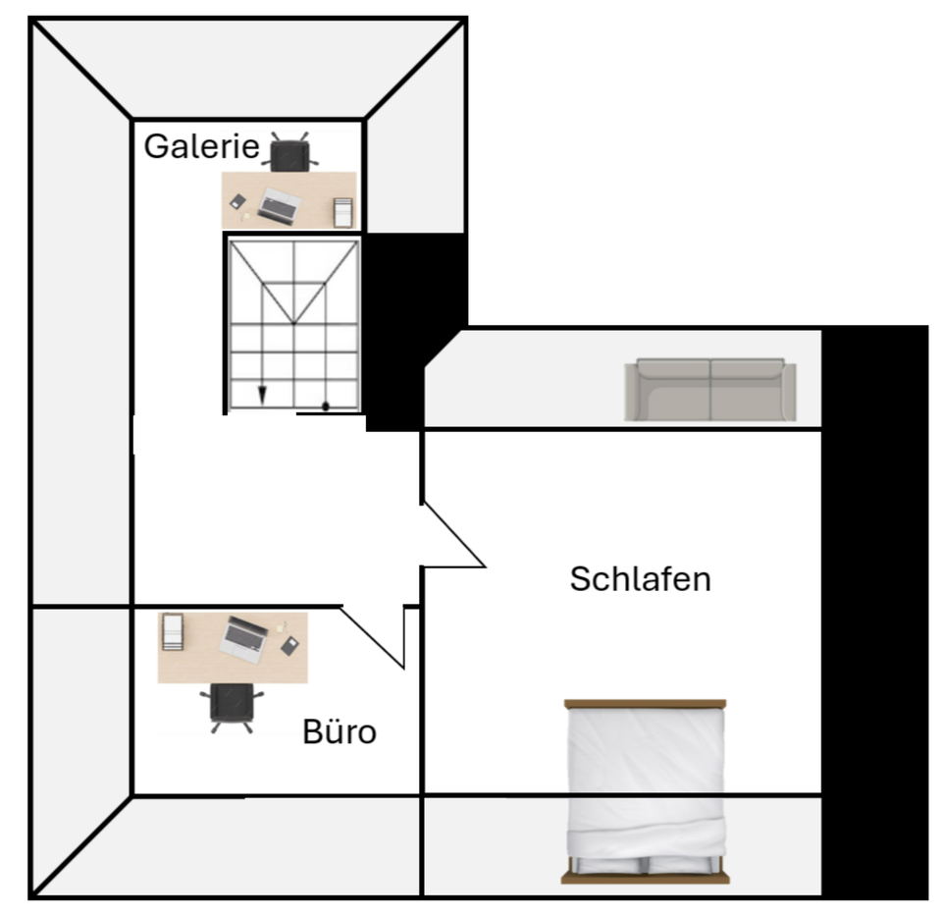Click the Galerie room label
tap(201, 147)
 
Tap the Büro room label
tap(340, 731)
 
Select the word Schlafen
tap(640, 579)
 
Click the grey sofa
tap(710, 390)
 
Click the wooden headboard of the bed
tap(645, 704)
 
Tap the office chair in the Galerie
tap(289, 154)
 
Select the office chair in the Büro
tap(232, 706)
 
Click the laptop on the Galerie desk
tap(281, 204)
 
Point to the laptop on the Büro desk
tap(241, 638)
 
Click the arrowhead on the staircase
tap(262, 395)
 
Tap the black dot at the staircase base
tap(325, 405)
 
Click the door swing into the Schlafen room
tap(453, 538)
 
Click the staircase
tap(293, 324)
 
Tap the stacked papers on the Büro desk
tap(173, 632)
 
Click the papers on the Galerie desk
tap(342, 212)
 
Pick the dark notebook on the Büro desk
tap(289, 646)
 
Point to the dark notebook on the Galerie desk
tap(237, 201)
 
